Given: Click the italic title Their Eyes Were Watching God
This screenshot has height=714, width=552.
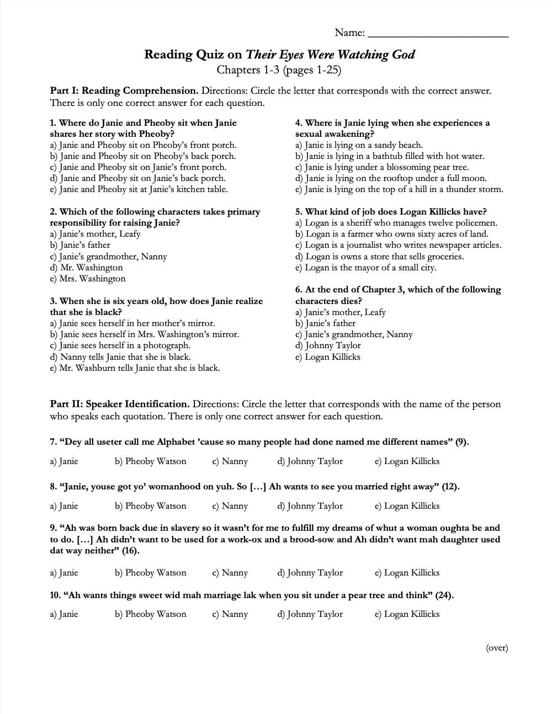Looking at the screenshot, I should point(330,54).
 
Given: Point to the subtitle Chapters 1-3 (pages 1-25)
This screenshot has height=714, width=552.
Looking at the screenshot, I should point(279,70).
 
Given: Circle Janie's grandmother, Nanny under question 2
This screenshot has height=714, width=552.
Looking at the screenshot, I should point(108,257).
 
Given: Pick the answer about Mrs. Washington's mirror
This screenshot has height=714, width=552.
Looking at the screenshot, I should point(144,334).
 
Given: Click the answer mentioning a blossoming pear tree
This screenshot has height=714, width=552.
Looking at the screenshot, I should point(382,167).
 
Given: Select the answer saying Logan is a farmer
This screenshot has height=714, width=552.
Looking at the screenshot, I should point(392,234).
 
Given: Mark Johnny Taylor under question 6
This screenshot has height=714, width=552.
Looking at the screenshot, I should point(328,345).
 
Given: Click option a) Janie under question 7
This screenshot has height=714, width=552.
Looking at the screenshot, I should point(64,461).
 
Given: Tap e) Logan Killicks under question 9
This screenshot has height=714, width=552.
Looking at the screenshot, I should point(407,573).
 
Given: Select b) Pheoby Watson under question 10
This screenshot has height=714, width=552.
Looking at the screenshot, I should point(151,614).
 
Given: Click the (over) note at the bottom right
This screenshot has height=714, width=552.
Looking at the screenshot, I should point(497,648).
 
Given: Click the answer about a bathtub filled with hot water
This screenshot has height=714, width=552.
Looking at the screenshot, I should point(390,156).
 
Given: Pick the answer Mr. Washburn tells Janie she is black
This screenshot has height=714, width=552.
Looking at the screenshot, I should point(135,368).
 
